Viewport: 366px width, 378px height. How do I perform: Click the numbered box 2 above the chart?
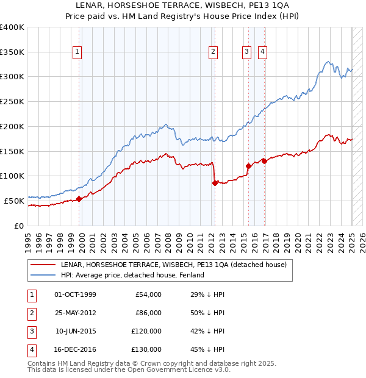coord(213,52)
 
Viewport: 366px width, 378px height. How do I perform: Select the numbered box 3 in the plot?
coord(246,52)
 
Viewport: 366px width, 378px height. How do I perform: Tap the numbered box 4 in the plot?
coord(262,52)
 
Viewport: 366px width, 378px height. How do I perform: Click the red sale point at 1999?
coord(79,199)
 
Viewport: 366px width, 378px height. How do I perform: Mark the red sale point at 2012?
coord(215,183)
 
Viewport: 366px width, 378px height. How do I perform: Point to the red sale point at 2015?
coord(248,166)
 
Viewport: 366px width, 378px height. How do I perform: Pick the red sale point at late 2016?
coord(264,161)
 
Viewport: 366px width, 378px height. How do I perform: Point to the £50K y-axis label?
coord(15,201)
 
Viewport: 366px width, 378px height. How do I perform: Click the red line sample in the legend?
coord(43,265)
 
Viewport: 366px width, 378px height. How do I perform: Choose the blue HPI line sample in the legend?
coord(43,275)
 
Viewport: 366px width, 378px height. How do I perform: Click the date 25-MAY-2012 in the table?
coord(75,313)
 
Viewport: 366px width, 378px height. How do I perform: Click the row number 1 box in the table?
coord(31,294)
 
